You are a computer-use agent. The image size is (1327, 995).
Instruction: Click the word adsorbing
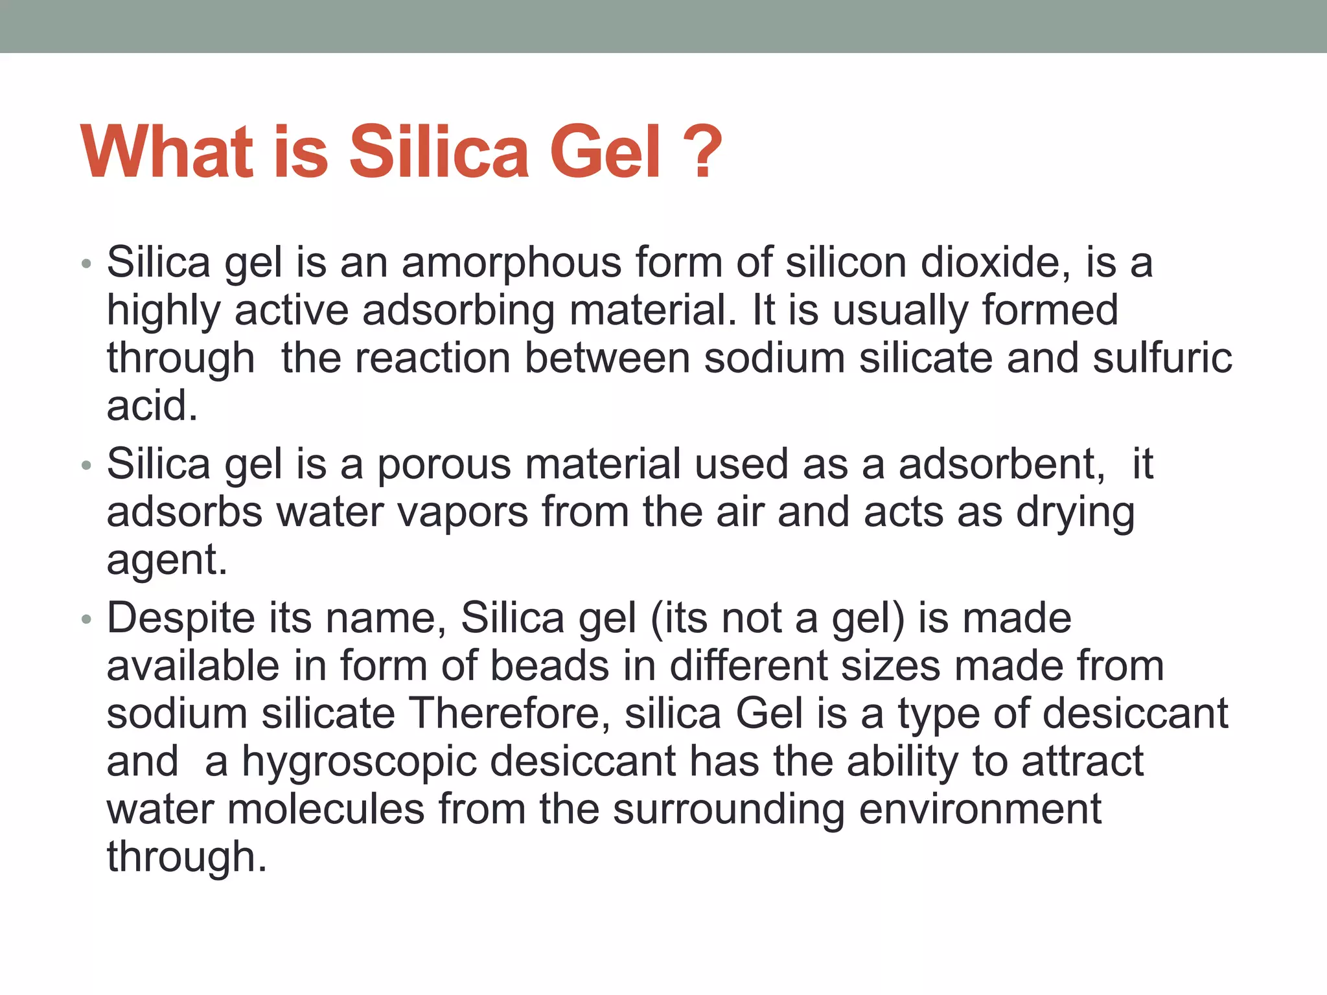pyautogui.click(x=458, y=310)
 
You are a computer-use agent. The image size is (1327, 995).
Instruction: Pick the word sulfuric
pyautogui.click(x=1162, y=358)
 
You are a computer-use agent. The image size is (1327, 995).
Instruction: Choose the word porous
pyautogui.click(x=444, y=464)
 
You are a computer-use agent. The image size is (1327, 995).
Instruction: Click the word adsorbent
pyautogui.click(x=1002, y=464)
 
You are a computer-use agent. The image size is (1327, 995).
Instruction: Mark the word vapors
pyautogui.click(x=463, y=512)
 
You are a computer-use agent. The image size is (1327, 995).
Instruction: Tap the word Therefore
pyautogui.click(x=509, y=714)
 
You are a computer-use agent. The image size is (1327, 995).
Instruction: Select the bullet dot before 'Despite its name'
pyautogui.click(x=87, y=620)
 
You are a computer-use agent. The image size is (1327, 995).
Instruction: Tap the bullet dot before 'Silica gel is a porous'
pyautogui.click(x=87, y=466)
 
